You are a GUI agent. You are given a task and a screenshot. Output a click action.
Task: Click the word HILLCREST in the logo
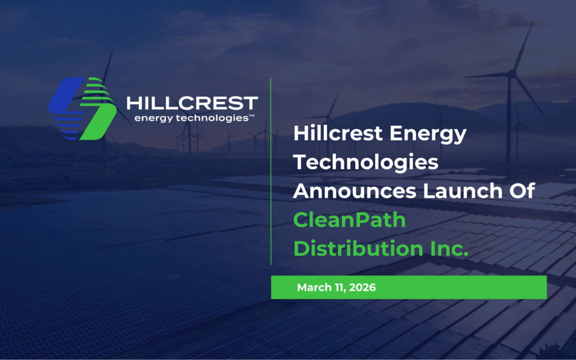point(192,103)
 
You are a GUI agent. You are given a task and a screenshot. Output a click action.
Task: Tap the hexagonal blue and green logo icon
point(83,109)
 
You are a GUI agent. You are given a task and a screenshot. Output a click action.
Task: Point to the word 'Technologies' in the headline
point(366,162)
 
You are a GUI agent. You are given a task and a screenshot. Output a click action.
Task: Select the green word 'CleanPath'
point(350,220)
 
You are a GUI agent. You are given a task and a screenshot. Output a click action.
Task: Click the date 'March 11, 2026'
point(337,287)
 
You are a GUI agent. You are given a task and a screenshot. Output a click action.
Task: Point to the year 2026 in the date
point(363,287)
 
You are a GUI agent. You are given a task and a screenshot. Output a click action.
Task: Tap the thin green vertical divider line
point(271,171)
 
